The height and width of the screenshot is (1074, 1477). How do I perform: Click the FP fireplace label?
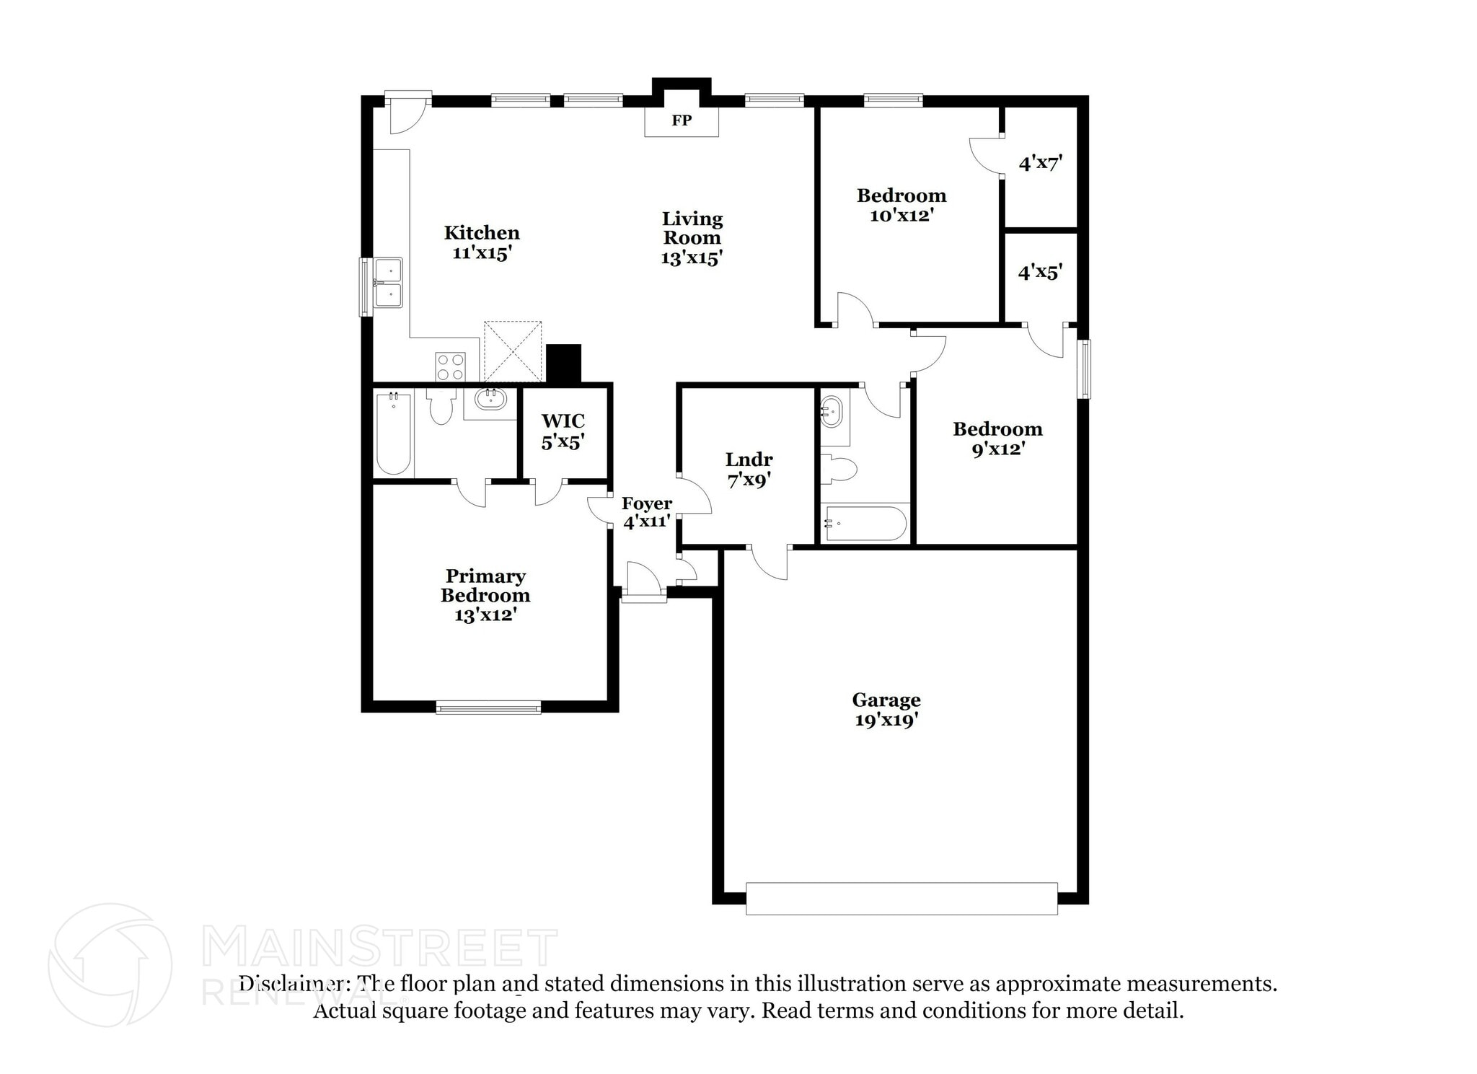[x=681, y=120]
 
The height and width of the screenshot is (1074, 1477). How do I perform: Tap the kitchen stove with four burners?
[x=450, y=366]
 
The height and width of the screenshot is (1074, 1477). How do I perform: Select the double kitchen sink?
[x=388, y=283]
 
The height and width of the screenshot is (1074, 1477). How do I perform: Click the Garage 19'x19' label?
[x=886, y=710]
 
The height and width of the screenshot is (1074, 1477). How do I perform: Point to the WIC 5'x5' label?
[x=563, y=431]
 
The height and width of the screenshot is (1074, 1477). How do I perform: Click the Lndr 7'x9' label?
[x=749, y=470]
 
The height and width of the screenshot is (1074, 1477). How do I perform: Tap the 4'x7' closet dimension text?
[x=1040, y=163]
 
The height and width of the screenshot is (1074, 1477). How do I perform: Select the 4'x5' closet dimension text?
[x=1039, y=272]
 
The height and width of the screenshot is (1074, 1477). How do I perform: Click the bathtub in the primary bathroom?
[x=393, y=432]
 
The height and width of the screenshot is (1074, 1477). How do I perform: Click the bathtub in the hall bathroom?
[x=865, y=523]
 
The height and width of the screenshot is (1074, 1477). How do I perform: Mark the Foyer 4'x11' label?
[x=647, y=512]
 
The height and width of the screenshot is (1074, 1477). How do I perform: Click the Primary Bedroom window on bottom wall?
[x=488, y=708]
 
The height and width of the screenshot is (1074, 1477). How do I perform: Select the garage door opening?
[x=901, y=899]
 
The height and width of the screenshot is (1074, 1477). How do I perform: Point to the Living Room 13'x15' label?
[x=692, y=238]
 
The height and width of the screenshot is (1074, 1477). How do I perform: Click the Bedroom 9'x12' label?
[x=997, y=439]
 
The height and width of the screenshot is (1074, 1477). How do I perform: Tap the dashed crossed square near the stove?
[x=512, y=351]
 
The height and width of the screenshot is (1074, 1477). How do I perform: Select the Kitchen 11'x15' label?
[x=482, y=242]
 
